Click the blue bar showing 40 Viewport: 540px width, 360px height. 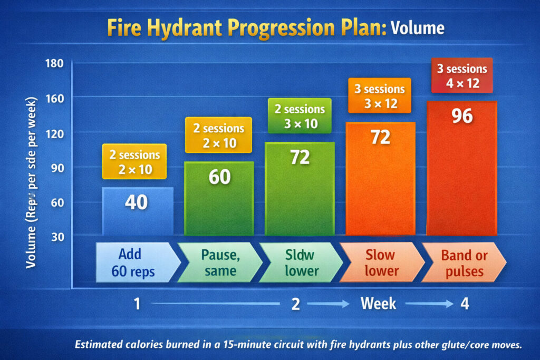[x=137, y=211]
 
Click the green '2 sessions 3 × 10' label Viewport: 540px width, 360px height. [x=300, y=116]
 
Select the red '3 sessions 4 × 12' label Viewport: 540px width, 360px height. [x=462, y=75]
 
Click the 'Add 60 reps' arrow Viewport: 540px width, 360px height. [x=135, y=262]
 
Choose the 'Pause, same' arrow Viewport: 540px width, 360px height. [x=217, y=262]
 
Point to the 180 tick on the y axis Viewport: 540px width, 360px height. [x=55, y=64]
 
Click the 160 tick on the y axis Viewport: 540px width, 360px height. [x=55, y=98]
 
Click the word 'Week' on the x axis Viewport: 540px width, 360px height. [x=379, y=304]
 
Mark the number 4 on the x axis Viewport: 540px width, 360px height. [x=464, y=304]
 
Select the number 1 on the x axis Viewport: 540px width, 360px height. [x=137, y=304]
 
